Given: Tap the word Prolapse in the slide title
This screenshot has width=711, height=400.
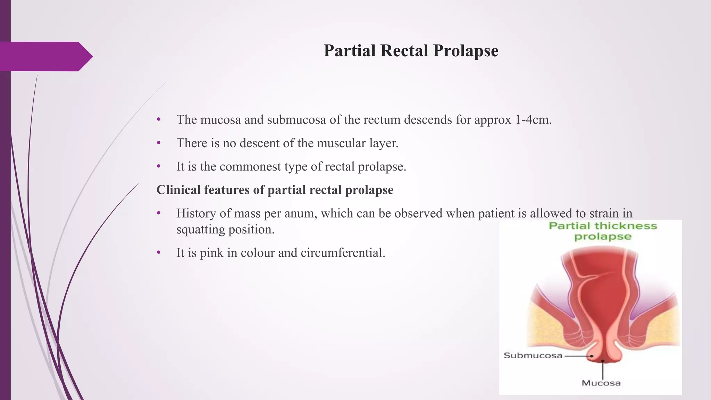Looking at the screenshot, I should coord(466,51).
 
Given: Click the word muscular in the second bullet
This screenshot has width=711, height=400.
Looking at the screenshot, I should coord(333,143).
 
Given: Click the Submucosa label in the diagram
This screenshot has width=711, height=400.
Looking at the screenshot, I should coord(533,356).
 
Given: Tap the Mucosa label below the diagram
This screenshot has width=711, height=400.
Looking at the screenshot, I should coord(601,383).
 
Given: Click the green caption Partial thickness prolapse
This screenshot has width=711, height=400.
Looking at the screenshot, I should coord(603,231).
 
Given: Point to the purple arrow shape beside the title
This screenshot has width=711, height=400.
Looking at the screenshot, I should coord(45,56).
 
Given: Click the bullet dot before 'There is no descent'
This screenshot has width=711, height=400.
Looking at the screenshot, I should coord(159,143).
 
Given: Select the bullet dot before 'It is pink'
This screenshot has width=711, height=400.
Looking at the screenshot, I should coord(159,253).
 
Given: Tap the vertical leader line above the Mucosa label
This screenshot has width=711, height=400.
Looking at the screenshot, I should coord(603,370).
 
